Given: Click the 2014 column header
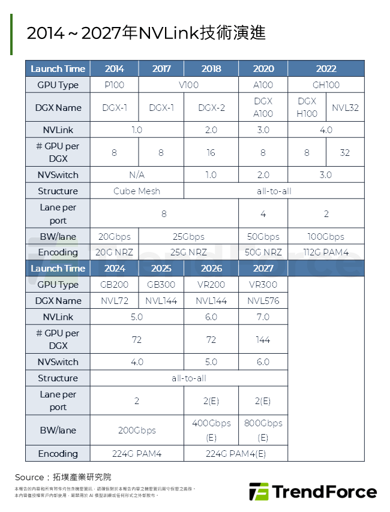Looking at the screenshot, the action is coord(114,68).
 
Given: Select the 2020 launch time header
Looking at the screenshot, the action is coord(263,68).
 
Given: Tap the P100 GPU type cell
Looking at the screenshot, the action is coord(114,85).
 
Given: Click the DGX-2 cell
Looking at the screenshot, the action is coord(211,108).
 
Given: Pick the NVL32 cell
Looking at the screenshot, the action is coord(345,108).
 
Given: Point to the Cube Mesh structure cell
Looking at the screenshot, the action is coord(137,191).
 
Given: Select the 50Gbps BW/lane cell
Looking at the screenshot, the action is coord(263,236).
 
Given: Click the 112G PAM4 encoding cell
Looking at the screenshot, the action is coord(326,252).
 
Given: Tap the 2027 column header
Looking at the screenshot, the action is coord(263,268).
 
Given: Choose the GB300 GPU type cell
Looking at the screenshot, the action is coord(161,285).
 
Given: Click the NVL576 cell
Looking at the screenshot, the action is coord(263,301).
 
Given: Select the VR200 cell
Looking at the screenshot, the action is coord(211,285).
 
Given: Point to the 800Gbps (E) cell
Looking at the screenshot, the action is coord(263,430).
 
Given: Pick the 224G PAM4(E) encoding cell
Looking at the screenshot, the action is coord(236,454).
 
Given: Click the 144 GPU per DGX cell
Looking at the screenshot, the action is coord(263,339).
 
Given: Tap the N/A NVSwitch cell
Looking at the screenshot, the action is coord(137,175).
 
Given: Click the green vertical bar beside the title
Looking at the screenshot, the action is coord(11,34).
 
